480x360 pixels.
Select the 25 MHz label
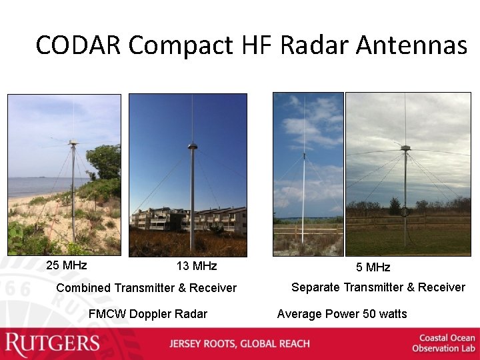67,265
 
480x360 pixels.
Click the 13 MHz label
196,266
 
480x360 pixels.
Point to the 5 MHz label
373,267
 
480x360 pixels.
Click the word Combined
83,288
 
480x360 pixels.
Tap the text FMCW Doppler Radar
147,314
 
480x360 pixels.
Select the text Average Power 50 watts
341,314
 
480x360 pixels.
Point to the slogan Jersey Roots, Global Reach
239,344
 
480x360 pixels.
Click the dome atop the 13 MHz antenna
193,146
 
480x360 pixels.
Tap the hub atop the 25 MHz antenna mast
73,142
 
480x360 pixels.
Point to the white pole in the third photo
303,200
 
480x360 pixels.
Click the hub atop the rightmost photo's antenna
405,148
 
